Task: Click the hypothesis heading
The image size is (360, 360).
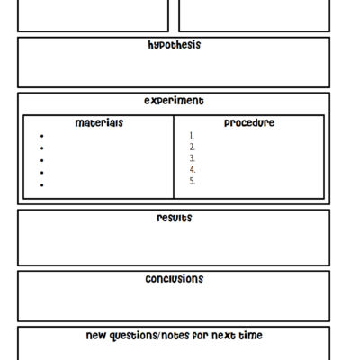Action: click(174, 45)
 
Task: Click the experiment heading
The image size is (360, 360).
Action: click(174, 101)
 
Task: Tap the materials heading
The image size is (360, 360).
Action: click(99, 123)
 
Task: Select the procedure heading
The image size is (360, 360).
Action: click(249, 123)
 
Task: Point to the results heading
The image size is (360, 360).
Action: click(174, 218)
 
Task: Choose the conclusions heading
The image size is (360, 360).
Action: click(174, 279)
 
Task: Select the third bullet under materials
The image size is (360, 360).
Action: click(42, 160)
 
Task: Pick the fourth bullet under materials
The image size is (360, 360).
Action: click(42, 172)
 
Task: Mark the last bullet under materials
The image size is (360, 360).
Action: click(42, 184)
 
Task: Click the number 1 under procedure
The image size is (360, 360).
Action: click(192, 136)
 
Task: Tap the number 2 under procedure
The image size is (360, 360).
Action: click(193, 147)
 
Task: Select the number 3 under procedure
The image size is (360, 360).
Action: click(193, 158)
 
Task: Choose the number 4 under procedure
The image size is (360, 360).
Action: click(193, 169)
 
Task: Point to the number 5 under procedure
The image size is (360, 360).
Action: click(193, 181)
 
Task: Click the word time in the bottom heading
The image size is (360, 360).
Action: click(249, 336)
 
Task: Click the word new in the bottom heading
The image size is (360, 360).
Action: click(96, 336)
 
